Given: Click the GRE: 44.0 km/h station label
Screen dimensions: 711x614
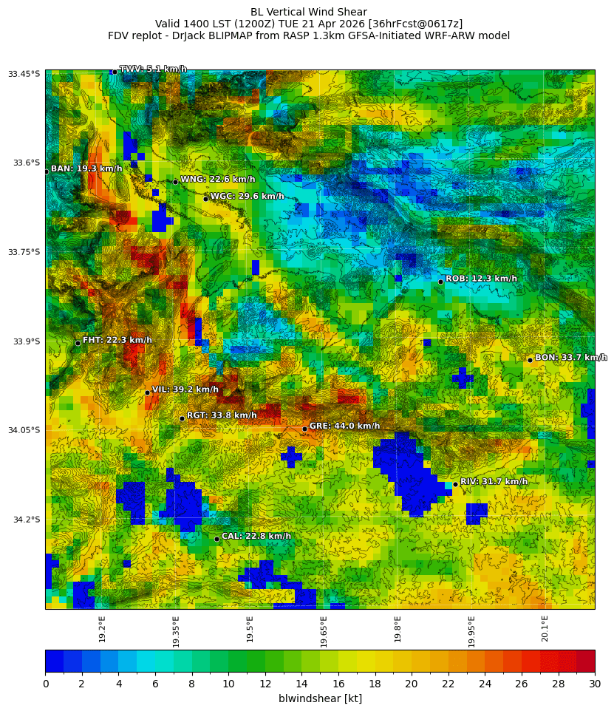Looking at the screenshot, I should coord(344,426).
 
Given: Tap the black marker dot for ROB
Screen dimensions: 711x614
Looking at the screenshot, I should coord(440,282).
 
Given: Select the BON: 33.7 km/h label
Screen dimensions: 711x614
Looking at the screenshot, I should coord(570,358).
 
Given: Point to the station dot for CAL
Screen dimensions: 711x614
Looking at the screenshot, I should coord(216,539).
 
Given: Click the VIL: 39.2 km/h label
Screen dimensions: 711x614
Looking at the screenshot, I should coord(185,389).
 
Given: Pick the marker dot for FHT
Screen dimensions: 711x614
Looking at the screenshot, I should coord(78,343).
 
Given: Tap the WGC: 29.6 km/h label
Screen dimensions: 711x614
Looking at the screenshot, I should coord(247,197).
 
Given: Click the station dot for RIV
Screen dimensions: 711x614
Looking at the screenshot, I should coord(455,484).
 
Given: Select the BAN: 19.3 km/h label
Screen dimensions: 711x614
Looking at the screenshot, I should coord(86,169).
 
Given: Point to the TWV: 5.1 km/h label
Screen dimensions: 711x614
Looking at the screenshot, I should coord(153,69).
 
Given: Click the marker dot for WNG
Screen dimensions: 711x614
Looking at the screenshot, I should coord(175,182).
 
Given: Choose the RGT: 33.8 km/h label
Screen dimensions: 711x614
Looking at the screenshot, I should coord(222,415).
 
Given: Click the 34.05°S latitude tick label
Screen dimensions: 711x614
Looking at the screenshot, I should coord(24,430).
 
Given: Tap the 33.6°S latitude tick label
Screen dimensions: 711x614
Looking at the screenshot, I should coord(27,163).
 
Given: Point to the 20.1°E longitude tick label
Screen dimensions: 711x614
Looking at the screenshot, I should coord(545,629).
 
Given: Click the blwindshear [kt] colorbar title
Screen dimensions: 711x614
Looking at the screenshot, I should coord(320,698).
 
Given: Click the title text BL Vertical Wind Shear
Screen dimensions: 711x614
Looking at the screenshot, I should coord(308,12).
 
